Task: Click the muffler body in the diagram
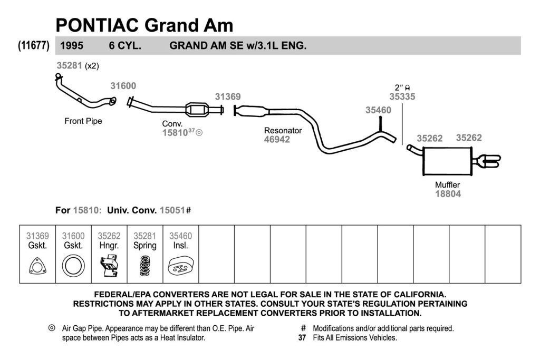(447, 161)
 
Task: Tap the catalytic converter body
(197, 110)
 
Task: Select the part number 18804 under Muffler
(448, 194)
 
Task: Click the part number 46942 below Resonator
(277, 139)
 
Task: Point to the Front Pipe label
(83, 121)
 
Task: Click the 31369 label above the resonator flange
(228, 96)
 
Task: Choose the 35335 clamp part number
(402, 96)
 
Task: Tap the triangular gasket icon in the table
(37, 266)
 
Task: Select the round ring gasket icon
(73, 266)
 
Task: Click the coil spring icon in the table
(145, 266)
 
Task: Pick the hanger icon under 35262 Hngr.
(109, 266)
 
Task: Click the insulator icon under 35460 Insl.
(181, 266)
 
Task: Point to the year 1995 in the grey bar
(72, 46)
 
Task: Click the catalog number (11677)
(34, 45)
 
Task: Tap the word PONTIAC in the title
(97, 25)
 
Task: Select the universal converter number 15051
(172, 210)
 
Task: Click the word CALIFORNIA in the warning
(420, 295)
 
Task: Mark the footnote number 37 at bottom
(302, 338)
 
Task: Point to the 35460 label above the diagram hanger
(379, 110)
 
